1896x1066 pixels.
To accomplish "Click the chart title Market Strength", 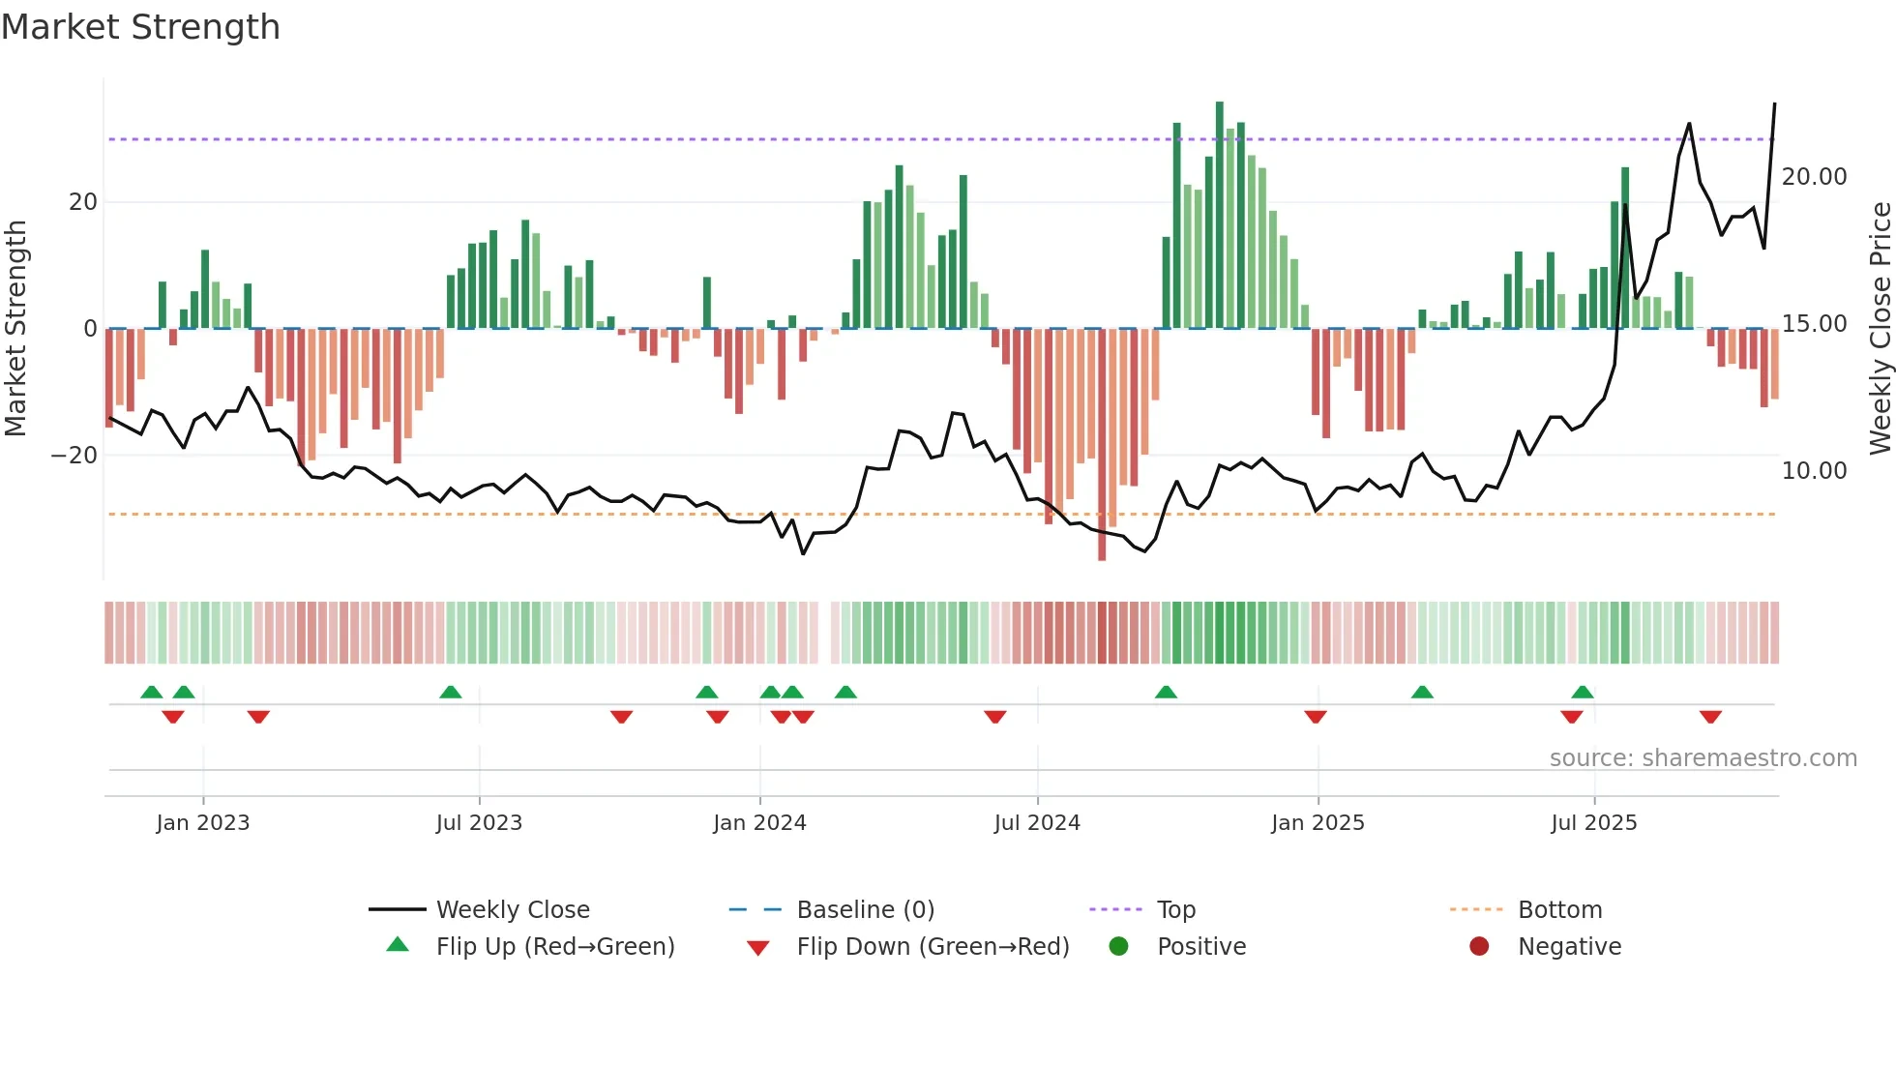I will pyautogui.click(x=141, y=27).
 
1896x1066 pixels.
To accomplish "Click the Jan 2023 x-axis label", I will pyautogui.click(x=203, y=823).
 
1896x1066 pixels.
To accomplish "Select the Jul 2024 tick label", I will pyautogui.click(x=1037, y=823).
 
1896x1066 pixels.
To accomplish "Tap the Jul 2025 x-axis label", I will pyautogui.click(x=1593, y=823).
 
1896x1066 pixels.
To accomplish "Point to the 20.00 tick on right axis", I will pyautogui.click(x=1814, y=177).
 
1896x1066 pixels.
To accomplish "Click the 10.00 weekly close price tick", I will pyautogui.click(x=1814, y=471).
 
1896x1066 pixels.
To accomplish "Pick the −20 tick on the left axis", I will pyautogui.click(x=74, y=456).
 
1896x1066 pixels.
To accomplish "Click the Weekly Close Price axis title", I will pyautogui.click(x=1880, y=329).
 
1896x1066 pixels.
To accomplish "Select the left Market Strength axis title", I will pyautogui.click(x=15, y=329).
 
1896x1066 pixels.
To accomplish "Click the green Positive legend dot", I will pyautogui.click(x=1119, y=947).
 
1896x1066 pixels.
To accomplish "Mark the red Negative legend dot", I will pyautogui.click(x=1479, y=947).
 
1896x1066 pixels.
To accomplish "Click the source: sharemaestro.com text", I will pyautogui.click(x=1703, y=758).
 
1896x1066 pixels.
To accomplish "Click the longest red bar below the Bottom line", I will pyautogui.click(x=1102, y=445).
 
